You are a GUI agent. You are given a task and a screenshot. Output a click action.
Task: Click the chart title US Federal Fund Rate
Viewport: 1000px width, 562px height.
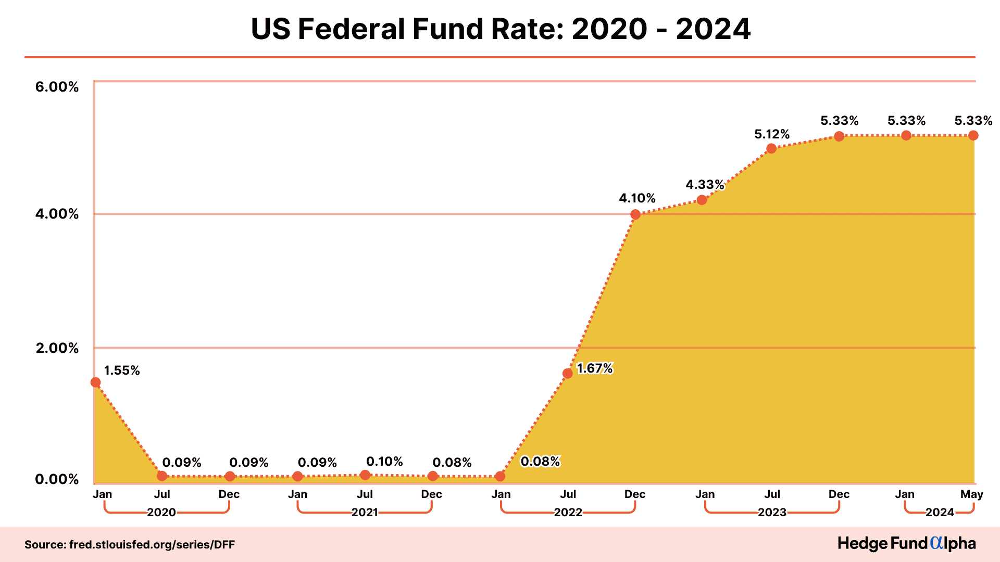tap(500, 29)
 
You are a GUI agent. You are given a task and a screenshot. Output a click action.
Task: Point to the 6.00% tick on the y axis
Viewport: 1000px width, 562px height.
tap(57, 87)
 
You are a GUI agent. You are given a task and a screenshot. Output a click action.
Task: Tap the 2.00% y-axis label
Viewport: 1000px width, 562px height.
tap(57, 348)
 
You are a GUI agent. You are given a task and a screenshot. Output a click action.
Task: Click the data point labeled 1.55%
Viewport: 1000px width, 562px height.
tap(95, 382)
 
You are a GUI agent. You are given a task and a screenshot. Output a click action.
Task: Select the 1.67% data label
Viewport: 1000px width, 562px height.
tap(595, 368)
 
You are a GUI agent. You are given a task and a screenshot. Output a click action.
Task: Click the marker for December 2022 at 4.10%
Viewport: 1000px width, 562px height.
tap(635, 214)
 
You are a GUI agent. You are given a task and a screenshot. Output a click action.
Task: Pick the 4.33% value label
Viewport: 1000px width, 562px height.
tap(705, 185)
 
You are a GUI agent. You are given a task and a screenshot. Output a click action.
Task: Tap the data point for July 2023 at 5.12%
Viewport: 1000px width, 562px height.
tap(771, 148)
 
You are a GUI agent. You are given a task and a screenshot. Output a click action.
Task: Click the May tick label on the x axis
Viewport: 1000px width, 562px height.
tap(971, 494)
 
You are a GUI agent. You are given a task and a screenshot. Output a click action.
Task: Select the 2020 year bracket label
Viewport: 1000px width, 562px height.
tap(161, 513)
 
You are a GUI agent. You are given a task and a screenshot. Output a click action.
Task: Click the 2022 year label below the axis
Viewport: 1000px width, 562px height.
tap(568, 513)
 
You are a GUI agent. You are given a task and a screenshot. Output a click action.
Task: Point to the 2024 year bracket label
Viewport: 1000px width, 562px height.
tap(940, 513)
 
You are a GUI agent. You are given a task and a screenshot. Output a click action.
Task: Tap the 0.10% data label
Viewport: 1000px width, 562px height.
tap(384, 462)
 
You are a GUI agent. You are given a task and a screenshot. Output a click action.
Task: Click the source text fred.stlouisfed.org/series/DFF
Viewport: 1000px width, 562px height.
tap(130, 545)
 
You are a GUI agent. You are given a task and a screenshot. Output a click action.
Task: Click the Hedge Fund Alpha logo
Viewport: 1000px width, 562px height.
tap(906, 544)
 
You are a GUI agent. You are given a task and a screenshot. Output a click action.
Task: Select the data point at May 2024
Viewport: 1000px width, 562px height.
tap(973, 135)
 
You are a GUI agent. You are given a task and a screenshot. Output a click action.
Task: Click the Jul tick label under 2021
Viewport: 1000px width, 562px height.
tap(365, 494)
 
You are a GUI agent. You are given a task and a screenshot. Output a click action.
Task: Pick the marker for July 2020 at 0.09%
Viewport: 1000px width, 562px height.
tap(162, 476)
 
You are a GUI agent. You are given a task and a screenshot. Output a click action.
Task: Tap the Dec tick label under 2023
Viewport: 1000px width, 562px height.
tap(839, 494)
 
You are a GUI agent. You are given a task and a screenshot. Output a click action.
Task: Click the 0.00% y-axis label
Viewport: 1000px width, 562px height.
tap(57, 479)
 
